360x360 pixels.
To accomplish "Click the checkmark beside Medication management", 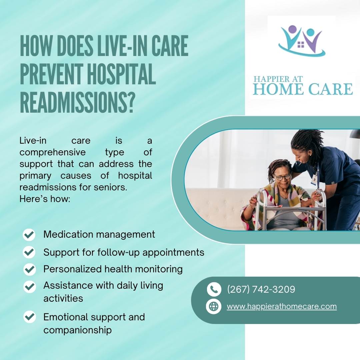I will point(29,235).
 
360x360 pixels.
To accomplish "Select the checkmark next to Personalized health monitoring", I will point(29,269).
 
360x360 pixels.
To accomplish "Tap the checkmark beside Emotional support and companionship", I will point(29,317).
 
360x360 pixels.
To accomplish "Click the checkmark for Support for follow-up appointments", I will point(29,252).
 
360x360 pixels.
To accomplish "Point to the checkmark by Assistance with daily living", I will point(29,286).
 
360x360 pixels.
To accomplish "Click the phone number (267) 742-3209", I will point(261,289).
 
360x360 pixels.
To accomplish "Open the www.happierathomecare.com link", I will point(282,307).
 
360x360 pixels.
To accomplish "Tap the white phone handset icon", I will point(214,289).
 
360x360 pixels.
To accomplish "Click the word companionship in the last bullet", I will point(77,330).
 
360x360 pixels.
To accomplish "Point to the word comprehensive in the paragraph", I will point(52,152).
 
